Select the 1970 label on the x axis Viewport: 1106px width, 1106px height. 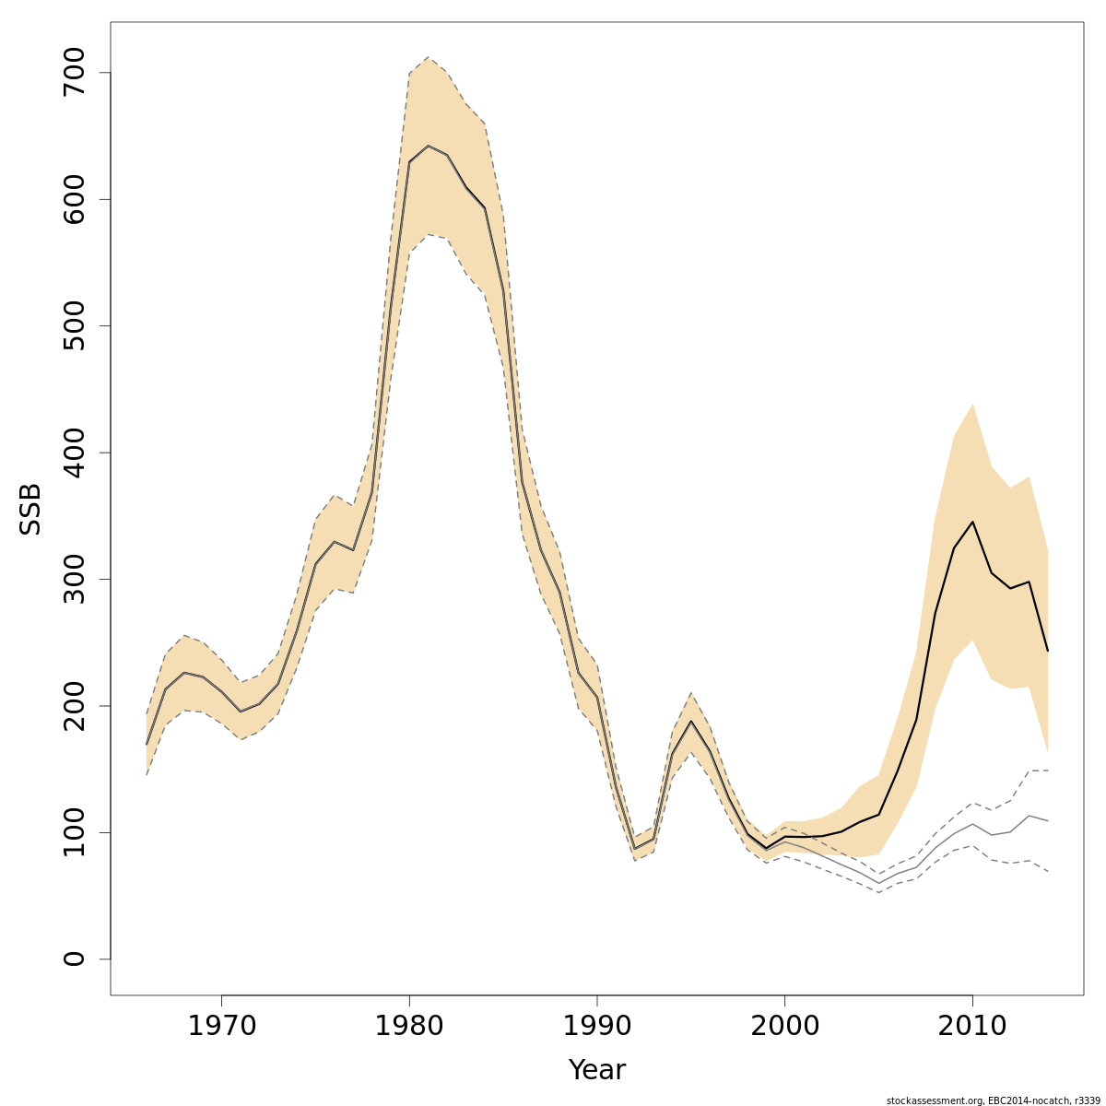[x=221, y=1026]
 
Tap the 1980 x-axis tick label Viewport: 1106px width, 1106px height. [x=409, y=1026]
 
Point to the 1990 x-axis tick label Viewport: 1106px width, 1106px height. [x=597, y=1026]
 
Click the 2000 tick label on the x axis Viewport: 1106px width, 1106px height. [x=784, y=1026]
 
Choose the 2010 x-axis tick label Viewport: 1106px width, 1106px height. [x=972, y=1026]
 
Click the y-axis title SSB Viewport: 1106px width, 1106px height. [x=31, y=508]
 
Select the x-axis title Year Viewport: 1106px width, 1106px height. [x=596, y=1070]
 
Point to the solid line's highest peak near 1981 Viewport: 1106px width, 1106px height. [x=428, y=146]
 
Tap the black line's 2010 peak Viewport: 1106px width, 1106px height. [x=972, y=522]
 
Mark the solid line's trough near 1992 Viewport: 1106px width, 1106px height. [x=634, y=849]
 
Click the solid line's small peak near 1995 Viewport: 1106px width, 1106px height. [x=691, y=722]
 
